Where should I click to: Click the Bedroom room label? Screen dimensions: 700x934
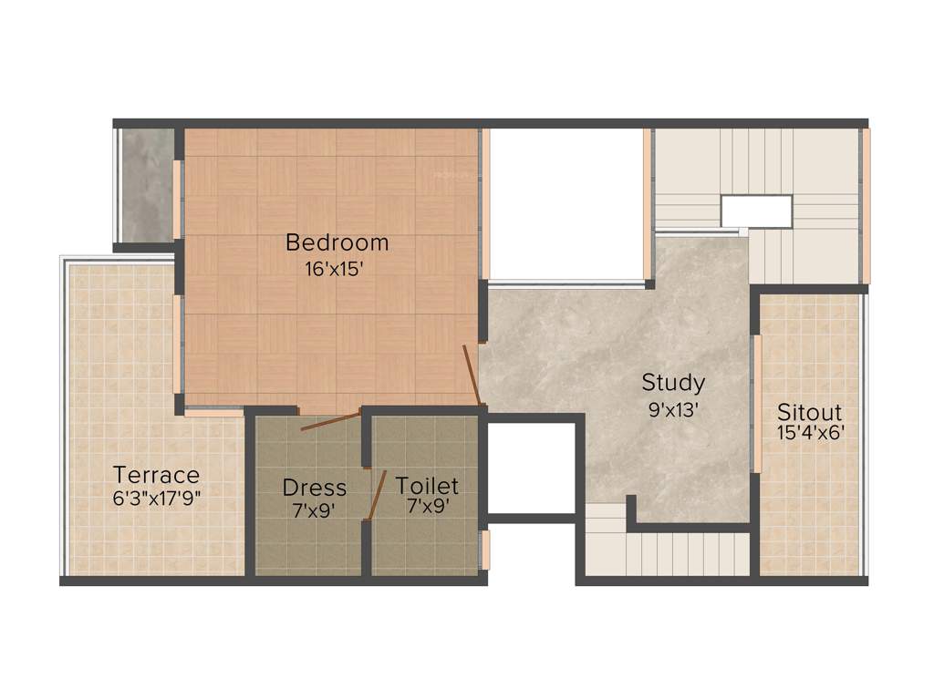point(337,242)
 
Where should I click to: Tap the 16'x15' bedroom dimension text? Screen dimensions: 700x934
point(337,269)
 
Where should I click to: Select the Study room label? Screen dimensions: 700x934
point(673,382)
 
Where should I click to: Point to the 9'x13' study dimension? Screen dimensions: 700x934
point(673,409)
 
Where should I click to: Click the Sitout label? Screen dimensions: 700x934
point(809,412)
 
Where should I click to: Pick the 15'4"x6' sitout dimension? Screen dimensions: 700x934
point(809,433)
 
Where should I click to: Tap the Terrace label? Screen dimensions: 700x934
point(156,475)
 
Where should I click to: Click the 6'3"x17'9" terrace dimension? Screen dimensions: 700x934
point(156,498)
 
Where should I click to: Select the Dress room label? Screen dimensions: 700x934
point(314,488)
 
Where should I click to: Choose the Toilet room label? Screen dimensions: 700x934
point(427,486)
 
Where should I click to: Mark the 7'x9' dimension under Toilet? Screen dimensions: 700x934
point(427,510)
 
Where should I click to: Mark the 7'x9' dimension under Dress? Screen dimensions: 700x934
point(314,510)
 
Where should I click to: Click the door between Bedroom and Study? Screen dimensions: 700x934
point(472,375)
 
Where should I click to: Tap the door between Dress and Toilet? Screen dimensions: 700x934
point(376,496)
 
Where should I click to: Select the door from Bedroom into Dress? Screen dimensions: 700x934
point(330,421)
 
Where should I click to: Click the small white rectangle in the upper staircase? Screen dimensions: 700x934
point(756,211)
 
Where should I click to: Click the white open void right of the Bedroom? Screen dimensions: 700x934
point(566,204)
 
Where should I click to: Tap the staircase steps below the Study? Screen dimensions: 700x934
point(675,554)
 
